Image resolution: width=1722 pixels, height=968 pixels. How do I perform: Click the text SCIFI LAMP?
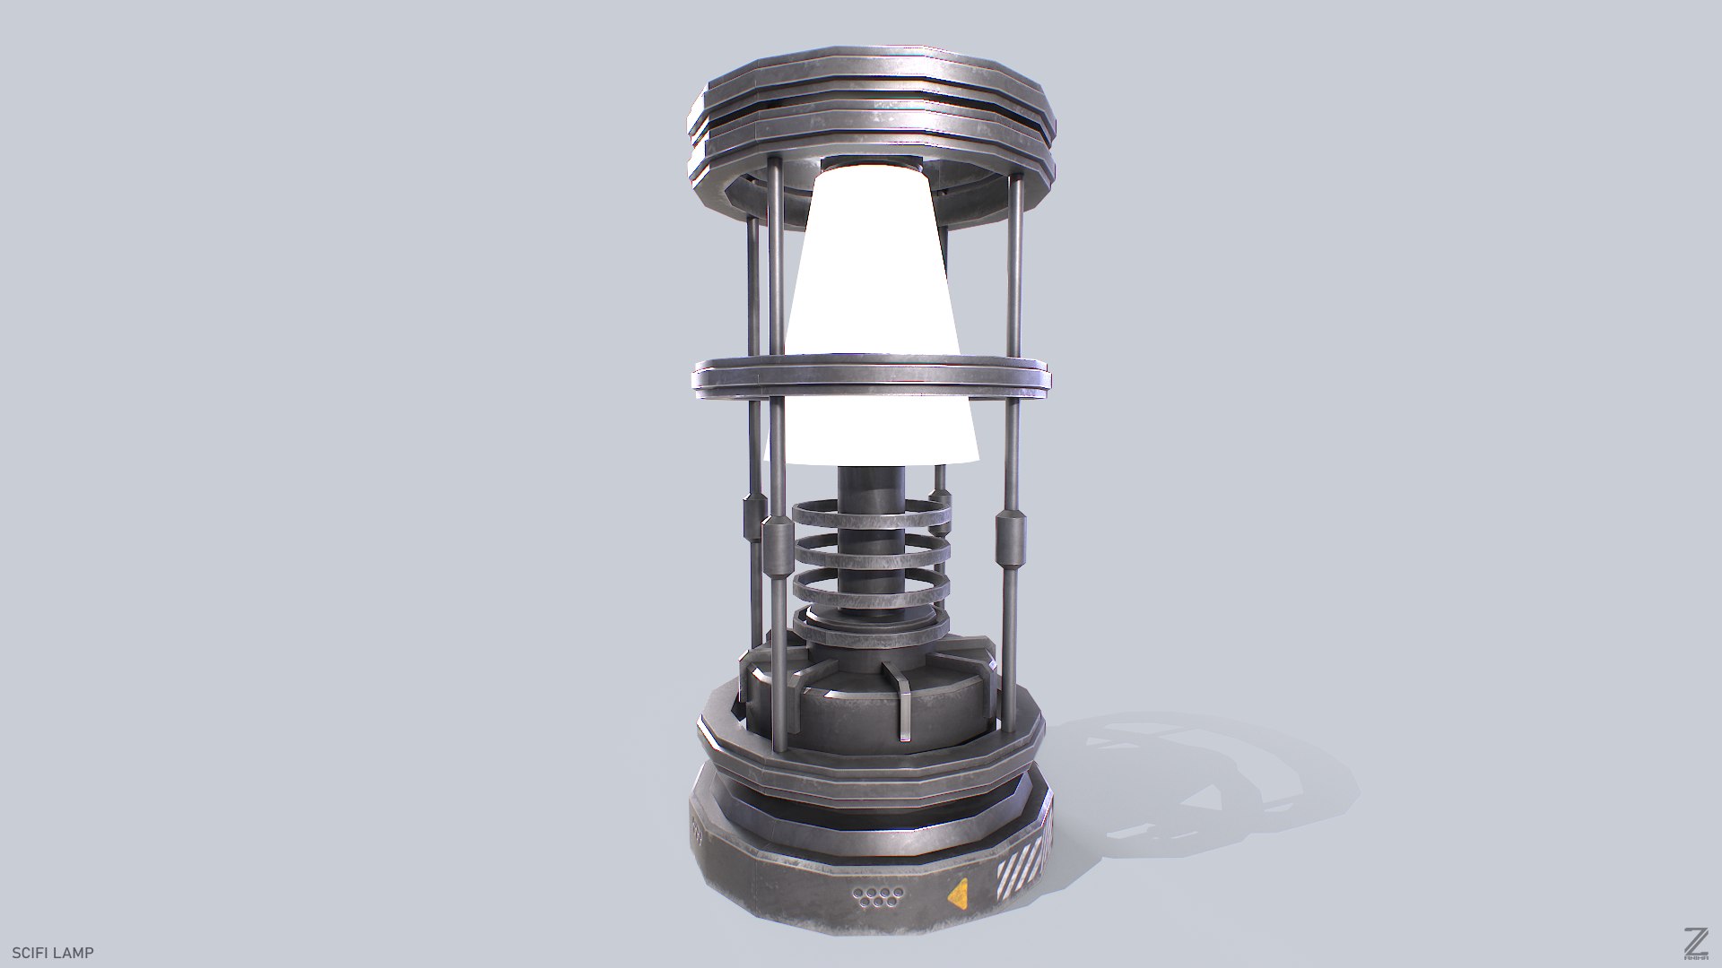tap(53, 953)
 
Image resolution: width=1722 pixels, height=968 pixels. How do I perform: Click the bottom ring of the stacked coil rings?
tap(871, 633)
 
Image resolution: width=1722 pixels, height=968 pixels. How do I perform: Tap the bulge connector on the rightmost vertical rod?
tap(1011, 539)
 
